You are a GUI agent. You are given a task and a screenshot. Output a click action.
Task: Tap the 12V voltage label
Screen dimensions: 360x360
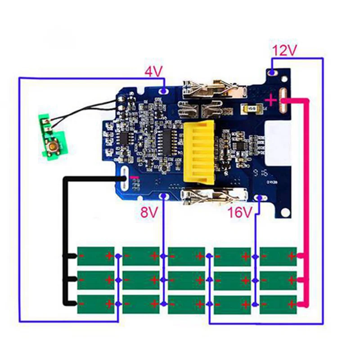point(284,51)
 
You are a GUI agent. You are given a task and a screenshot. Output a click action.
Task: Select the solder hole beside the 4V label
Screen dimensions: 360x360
point(164,90)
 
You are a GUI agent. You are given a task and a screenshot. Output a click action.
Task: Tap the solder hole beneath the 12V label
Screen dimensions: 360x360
point(273,72)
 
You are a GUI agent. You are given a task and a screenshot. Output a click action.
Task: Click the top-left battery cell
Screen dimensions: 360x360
point(95,256)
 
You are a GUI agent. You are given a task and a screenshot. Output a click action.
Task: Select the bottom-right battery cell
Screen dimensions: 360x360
point(278,304)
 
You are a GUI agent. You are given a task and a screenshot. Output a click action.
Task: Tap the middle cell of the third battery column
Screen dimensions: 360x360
point(187,280)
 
